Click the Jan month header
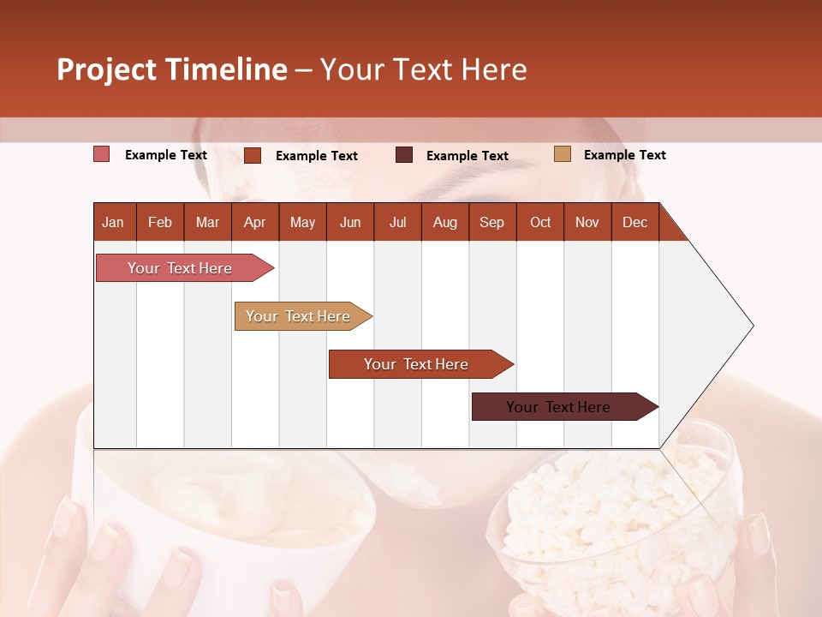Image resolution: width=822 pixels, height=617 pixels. coord(113,222)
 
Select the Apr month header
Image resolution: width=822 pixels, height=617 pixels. coord(254,222)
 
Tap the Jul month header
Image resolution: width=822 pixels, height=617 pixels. coord(397,222)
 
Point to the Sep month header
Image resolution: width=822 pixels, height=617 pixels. coord(491,222)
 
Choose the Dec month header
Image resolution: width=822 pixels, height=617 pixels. coord(634,222)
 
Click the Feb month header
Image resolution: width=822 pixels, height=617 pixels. coord(160,222)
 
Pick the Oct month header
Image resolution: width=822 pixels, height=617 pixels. coord(540,222)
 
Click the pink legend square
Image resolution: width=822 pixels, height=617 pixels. coord(102,154)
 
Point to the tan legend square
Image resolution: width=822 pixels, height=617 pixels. coord(563,154)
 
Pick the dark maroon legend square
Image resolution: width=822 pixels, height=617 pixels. coord(404,155)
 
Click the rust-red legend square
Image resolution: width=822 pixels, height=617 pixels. coord(253,155)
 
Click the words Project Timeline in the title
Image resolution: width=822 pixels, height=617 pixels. coord(172,69)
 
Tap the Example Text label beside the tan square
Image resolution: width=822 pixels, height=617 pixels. coord(624,155)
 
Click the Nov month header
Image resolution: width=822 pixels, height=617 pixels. coord(587,222)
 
